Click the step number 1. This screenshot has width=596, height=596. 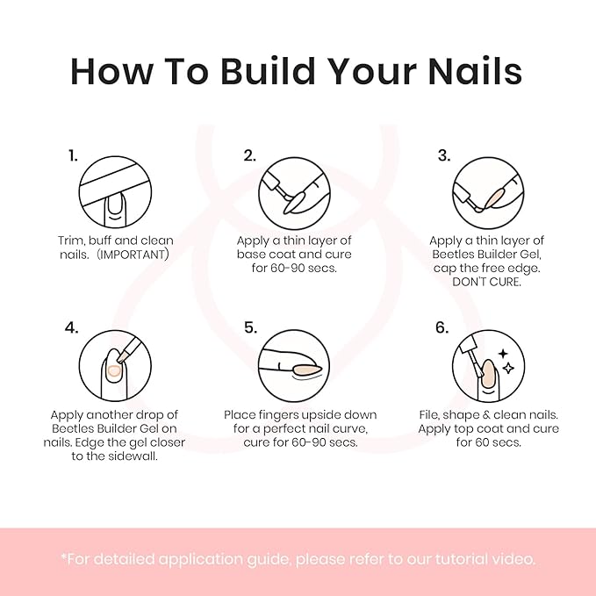(73, 156)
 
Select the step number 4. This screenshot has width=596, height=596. (73, 328)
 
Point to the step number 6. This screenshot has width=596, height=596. (442, 328)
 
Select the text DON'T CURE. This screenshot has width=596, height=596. (486, 283)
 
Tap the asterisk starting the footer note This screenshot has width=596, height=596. (63, 557)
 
